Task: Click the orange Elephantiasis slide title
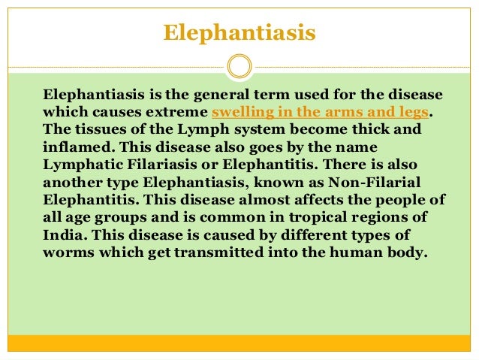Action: [239, 34]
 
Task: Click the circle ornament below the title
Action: [239, 66]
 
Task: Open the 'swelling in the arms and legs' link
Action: [321, 113]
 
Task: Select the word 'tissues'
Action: [95, 129]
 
